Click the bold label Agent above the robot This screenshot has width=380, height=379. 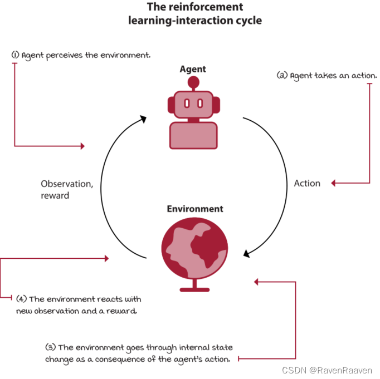coord(193,69)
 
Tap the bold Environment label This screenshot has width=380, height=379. coord(195,209)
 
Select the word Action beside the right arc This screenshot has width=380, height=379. coord(307,183)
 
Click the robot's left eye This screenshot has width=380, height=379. coord(187,103)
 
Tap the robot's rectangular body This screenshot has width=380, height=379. coord(193,135)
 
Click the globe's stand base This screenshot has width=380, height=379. coord(194,289)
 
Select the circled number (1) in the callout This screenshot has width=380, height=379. coord(15,56)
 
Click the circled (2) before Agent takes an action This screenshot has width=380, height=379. coord(282,75)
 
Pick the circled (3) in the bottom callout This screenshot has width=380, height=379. coord(50,347)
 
